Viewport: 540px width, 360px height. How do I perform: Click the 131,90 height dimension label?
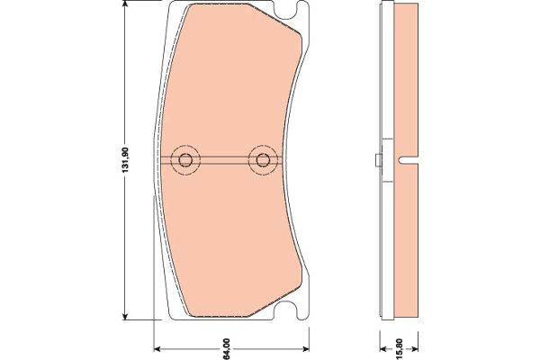[x=126, y=160]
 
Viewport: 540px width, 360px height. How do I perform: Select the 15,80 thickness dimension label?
[x=400, y=349]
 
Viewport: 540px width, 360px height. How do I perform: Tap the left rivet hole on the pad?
[x=185, y=160]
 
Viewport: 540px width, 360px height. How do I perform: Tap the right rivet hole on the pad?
[x=263, y=160]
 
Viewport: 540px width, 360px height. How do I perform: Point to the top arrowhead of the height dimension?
[x=126, y=4]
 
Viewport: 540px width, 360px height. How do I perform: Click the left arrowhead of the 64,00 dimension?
[x=157, y=349]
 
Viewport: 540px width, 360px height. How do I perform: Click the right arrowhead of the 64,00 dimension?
[x=305, y=349]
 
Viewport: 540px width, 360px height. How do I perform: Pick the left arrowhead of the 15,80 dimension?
[x=384, y=349]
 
